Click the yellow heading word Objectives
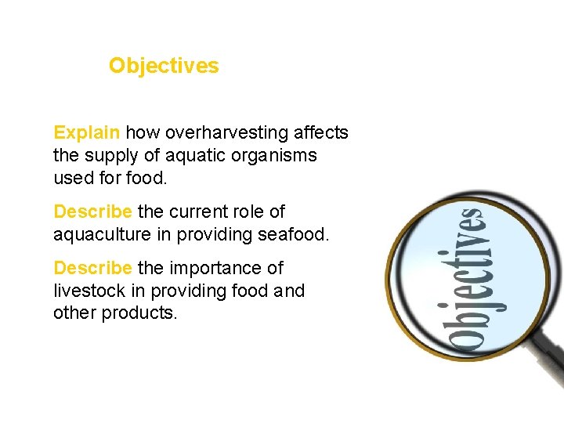point(164,66)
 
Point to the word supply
point(110,156)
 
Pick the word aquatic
point(190,155)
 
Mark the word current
point(205,211)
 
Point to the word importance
point(226,268)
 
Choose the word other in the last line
point(73,313)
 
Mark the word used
point(72,178)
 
